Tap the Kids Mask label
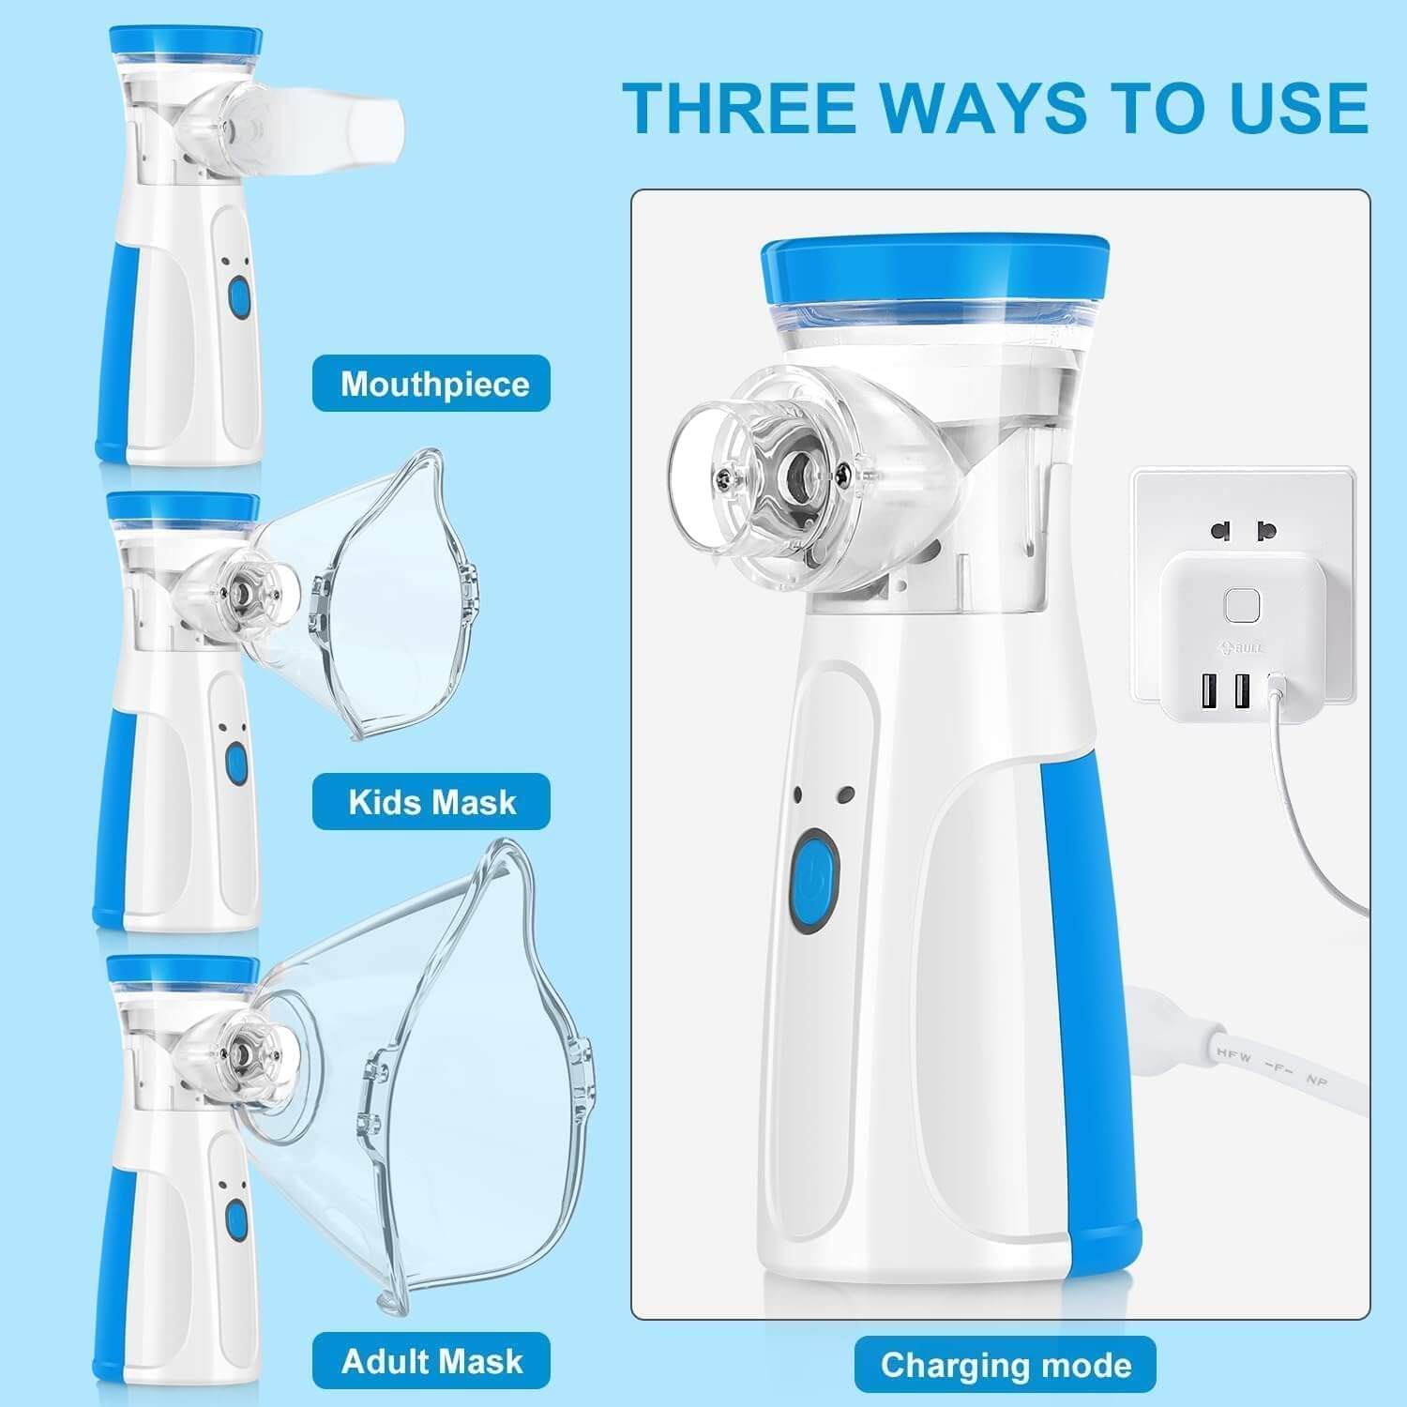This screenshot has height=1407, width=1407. coord(431,802)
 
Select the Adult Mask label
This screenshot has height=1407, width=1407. coord(431,1360)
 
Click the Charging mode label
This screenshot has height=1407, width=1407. coord(1005,1365)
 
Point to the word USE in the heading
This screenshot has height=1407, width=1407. coord(1299,108)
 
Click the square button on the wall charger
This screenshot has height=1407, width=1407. coord(1241,606)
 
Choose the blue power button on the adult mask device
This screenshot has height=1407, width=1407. coord(235,1219)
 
